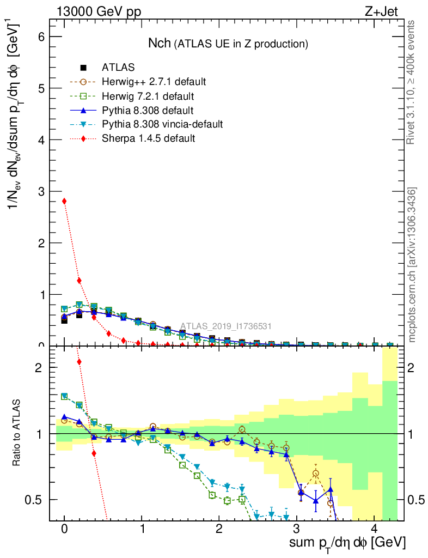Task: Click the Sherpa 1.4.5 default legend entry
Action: [x=148, y=138]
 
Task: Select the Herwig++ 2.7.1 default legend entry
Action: [x=154, y=82]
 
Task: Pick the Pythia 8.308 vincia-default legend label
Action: [x=162, y=124]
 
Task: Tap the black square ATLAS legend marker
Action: [x=83, y=68]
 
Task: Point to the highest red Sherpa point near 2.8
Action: [x=64, y=201]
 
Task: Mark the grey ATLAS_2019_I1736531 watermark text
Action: [x=226, y=326]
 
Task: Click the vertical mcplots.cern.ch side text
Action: [x=412, y=265]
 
